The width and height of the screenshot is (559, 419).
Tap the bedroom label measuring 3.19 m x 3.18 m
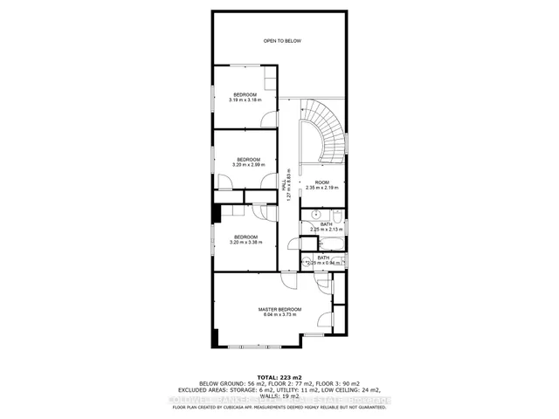coord(245,97)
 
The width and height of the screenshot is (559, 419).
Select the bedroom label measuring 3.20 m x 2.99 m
coord(248,161)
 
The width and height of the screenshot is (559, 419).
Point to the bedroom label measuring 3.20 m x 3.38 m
coord(245,239)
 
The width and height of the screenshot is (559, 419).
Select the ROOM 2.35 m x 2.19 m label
coord(321,185)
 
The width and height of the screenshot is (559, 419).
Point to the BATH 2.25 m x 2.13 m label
coord(326,227)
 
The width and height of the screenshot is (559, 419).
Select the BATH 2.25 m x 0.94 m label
coord(323,259)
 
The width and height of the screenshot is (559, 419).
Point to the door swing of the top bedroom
coord(271,120)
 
